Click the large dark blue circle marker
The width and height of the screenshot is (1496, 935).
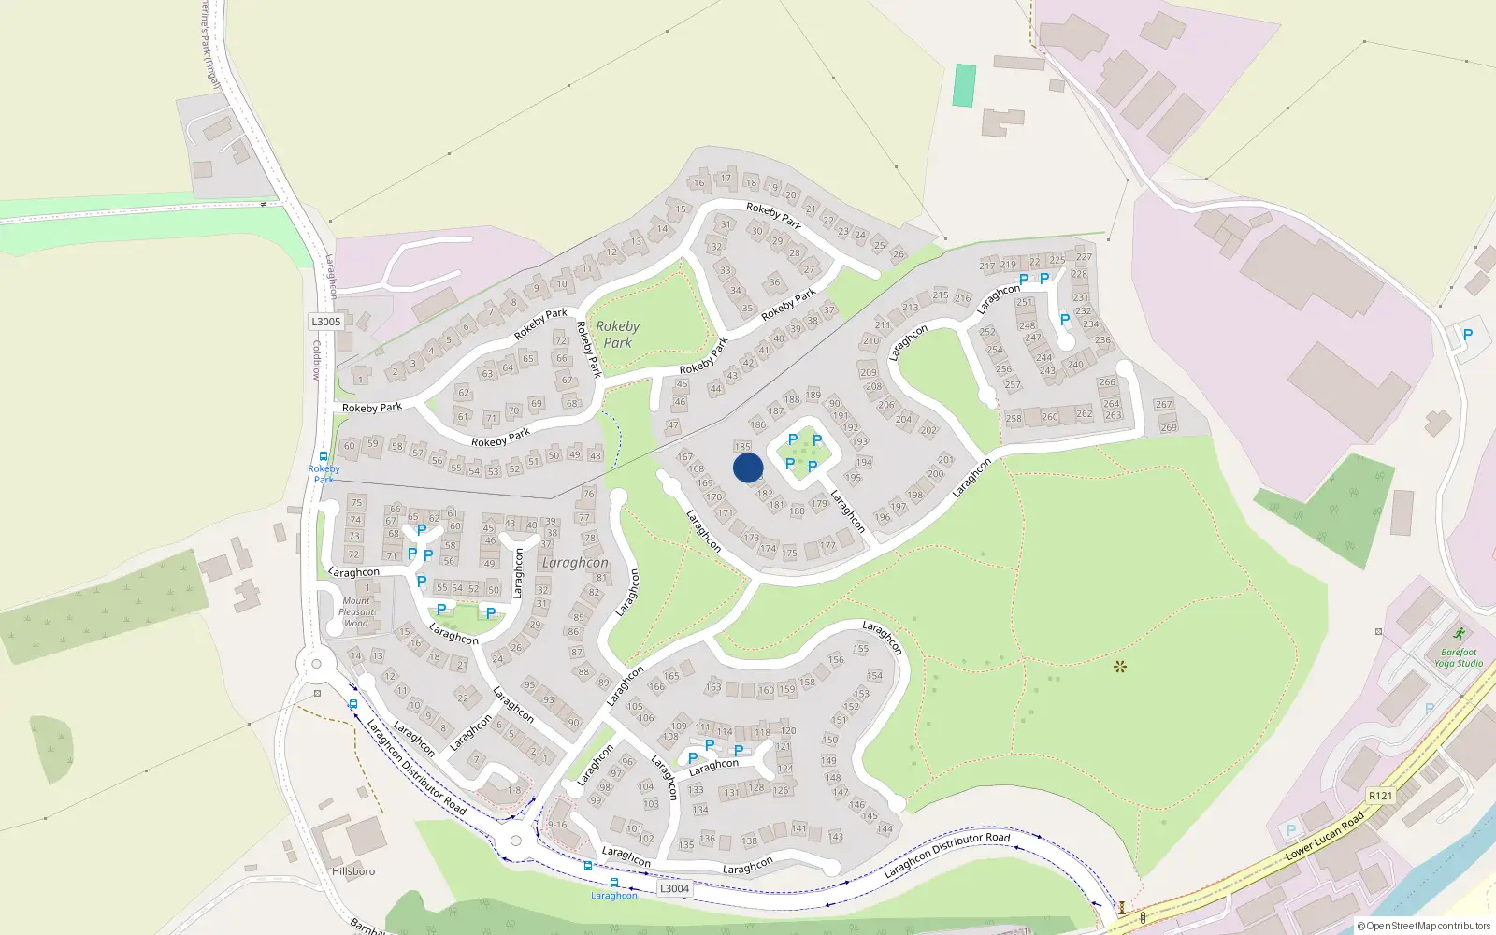[x=748, y=467]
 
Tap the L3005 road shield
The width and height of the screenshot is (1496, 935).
[x=325, y=322]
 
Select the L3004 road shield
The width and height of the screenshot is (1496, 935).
[x=674, y=889]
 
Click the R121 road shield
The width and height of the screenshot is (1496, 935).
[x=1380, y=796]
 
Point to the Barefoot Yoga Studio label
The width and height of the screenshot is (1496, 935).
[x=1459, y=657]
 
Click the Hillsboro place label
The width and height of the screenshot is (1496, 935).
[x=353, y=871]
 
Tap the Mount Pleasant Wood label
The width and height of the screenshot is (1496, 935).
[x=356, y=612]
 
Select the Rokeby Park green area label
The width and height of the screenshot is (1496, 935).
[x=617, y=334]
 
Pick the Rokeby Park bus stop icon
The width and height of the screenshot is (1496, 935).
[x=324, y=457]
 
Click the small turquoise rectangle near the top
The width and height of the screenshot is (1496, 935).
[x=964, y=85]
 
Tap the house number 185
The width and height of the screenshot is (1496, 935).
[x=742, y=447]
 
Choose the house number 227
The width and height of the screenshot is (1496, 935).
[x=1084, y=256]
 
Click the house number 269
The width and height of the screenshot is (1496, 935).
[x=1169, y=427]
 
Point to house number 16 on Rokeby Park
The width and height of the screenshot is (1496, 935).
[x=699, y=182]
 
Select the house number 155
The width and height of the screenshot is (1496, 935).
[x=861, y=648]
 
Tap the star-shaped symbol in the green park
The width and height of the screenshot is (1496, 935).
[x=1120, y=667]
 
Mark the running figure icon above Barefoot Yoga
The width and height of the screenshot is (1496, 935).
[x=1460, y=635]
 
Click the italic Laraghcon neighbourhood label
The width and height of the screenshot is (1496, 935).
[x=575, y=563]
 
